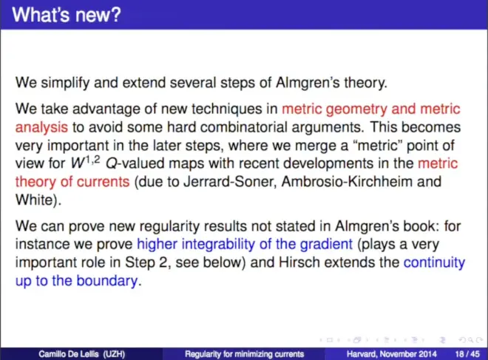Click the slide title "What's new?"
click(67, 15)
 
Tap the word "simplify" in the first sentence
click(65, 83)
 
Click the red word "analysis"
click(41, 128)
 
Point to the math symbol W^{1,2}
click(86, 163)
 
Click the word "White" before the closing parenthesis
click(35, 200)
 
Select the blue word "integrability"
click(218, 244)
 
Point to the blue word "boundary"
click(107, 281)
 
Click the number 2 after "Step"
click(163, 262)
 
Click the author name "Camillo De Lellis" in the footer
click(69, 354)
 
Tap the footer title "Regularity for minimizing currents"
click(244, 354)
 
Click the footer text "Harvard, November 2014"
click(392, 354)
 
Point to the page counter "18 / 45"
click(467, 354)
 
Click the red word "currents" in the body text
click(103, 182)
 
